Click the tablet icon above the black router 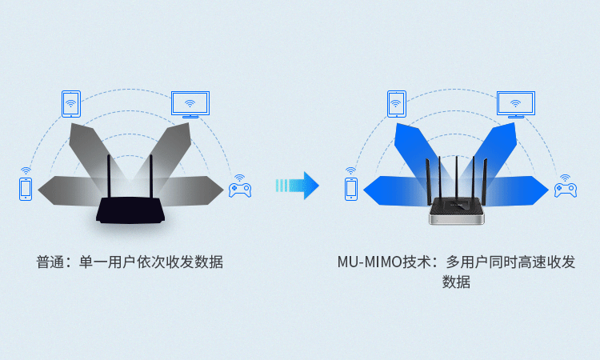71,104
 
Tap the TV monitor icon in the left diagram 190,105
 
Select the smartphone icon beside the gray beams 26,189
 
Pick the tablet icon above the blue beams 397,104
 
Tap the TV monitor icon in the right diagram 516,105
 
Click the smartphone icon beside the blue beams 351,189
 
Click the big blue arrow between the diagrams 298,186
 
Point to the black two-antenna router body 130,210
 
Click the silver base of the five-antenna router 457,219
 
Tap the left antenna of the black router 109,177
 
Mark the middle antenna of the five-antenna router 457,177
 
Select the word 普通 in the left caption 50,262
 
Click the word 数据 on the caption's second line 456,282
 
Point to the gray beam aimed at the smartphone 69,190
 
